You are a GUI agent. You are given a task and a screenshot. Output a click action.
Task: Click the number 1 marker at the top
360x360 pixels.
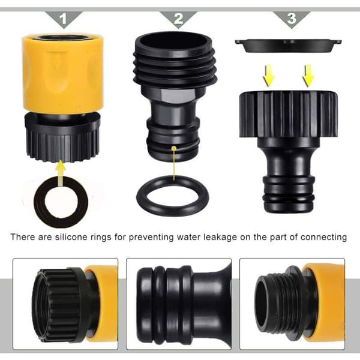click(x=64, y=19)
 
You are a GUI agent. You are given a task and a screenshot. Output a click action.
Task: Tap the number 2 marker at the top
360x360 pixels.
click(x=178, y=19)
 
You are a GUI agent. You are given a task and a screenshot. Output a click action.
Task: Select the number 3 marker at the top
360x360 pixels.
click(x=292, y=19)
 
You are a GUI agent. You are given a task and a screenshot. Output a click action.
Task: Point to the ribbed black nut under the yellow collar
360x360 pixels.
click(x=62, y=138)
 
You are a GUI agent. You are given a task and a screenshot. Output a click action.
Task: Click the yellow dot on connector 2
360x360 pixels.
click(x=174, y=148)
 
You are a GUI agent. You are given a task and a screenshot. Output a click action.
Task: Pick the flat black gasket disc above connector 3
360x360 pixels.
click(x=289, y=46)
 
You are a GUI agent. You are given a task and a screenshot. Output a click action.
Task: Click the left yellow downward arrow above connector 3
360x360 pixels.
click(x=269, y=76)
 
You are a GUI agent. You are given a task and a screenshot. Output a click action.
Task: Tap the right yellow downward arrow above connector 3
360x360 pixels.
click(x=308, y=76)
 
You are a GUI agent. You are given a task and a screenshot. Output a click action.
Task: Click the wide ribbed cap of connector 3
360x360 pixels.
click(x=289, y=115)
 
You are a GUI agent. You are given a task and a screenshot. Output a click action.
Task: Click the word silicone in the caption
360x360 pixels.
click(x=70, y=237)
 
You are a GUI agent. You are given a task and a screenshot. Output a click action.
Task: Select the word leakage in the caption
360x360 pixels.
click(x=220, y=238)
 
